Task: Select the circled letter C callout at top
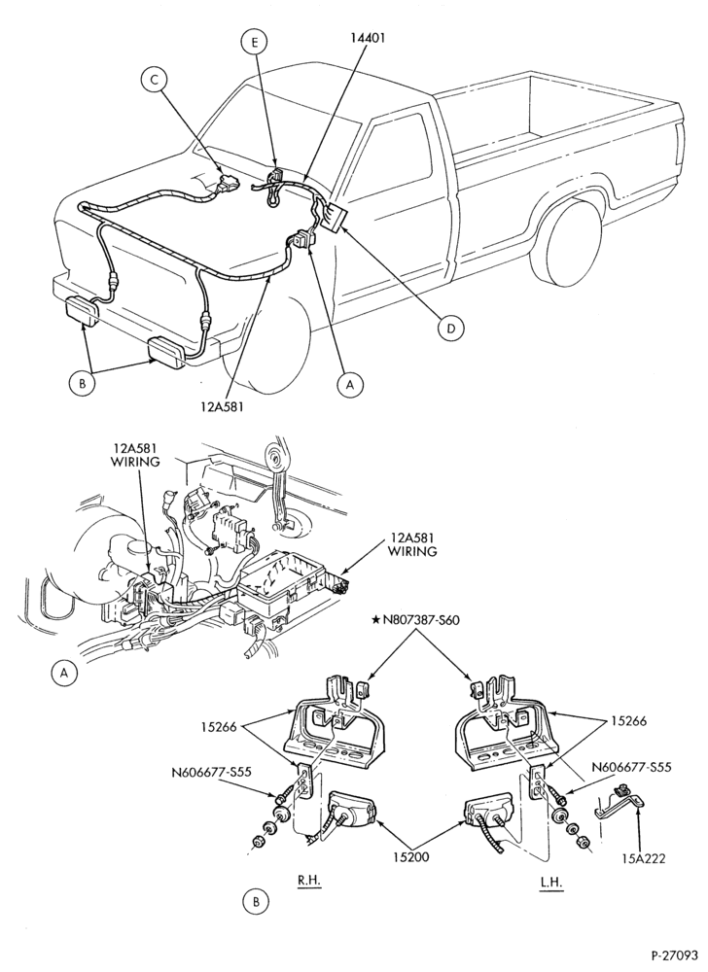[155, 80]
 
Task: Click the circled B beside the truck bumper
[83, 383]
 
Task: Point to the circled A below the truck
[350, 385]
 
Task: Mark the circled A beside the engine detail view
[63, 673]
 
